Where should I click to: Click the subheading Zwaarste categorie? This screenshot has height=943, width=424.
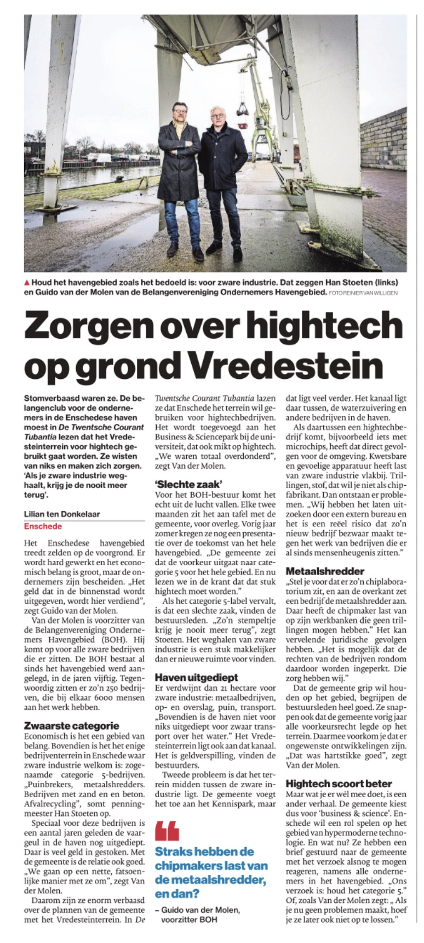[x=71, y=725]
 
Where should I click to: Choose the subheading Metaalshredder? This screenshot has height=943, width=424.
[x=325, y=571]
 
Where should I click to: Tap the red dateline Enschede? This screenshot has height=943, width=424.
[x=43, y=526]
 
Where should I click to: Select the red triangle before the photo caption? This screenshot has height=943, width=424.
[x=27, y=282]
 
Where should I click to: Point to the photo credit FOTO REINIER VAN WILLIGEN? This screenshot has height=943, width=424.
[x=363, y=293]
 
